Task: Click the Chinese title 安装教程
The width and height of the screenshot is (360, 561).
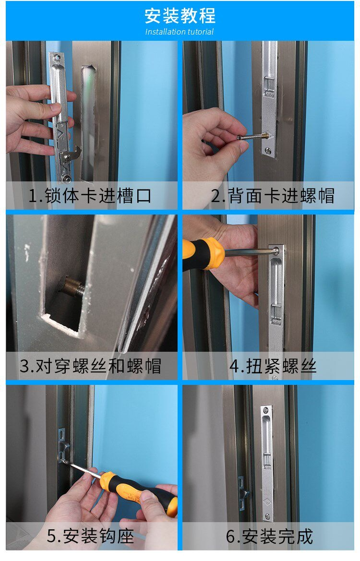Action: click(x=180, y=16)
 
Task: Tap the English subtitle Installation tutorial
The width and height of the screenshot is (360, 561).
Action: click(x=180, y=32)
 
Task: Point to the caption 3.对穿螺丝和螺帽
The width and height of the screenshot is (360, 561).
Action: click(x=90, y=366)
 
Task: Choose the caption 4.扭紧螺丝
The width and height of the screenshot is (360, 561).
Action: click(x=273, y=366)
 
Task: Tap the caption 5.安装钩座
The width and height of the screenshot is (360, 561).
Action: click(x=90, y=536)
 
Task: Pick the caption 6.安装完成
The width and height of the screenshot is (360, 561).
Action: click(x=269, y=536)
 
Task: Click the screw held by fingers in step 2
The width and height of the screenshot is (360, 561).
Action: click(x=252, y=136)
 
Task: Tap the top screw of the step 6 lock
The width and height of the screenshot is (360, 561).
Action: click(x=266, y=409)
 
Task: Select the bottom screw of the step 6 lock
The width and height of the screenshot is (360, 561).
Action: click(x=267, y=516)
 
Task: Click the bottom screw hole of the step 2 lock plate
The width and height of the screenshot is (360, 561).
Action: click(x=268, y=151)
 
